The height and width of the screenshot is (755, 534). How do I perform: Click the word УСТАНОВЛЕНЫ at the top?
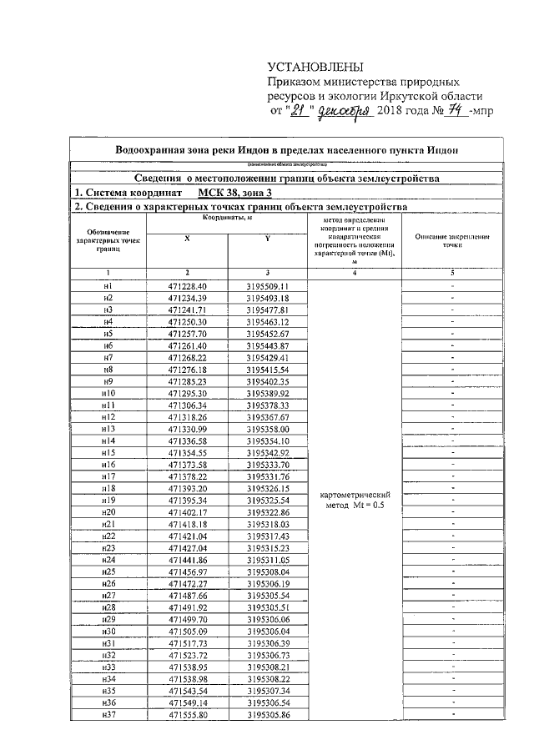(316, 68)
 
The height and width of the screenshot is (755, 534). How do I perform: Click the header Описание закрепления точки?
(452, 241)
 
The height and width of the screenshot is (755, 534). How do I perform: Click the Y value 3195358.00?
(267, 428)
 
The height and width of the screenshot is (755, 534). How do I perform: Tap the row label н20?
(108, 511)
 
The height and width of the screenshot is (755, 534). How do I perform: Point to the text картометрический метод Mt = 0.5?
(355, 500)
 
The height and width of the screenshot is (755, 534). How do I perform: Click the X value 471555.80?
(187, 715)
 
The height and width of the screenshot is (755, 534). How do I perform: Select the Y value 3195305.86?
(267, 715)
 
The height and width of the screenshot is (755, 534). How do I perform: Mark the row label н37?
(108, 715)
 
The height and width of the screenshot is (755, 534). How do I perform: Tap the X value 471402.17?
(187, 511)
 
